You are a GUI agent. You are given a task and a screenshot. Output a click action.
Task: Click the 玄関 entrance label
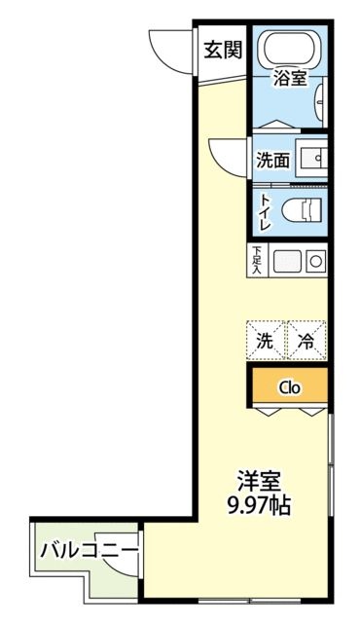[224, 50]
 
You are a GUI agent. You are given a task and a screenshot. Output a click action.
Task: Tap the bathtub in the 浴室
[290, 50]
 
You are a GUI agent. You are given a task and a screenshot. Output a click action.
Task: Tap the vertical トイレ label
[265, 210]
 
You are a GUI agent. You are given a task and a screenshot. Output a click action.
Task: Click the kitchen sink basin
[287, 260]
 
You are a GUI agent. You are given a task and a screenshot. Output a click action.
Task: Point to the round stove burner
[315, 260]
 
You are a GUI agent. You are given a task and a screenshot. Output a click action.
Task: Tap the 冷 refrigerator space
[306, 341]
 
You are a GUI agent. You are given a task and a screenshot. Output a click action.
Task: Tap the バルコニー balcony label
[89, 551]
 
